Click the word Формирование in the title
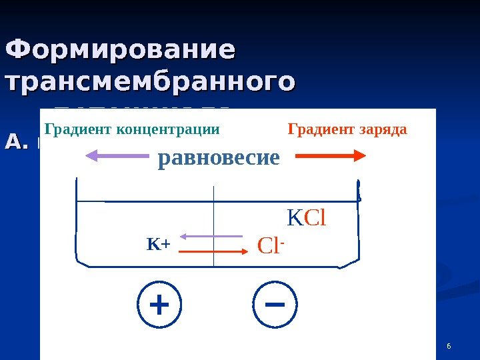click(120, 51)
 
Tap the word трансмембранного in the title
click(149, 83)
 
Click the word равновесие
click(219, 158)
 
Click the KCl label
click(306, 218)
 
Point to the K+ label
click(159, 245)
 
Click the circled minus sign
click(275, 305)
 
